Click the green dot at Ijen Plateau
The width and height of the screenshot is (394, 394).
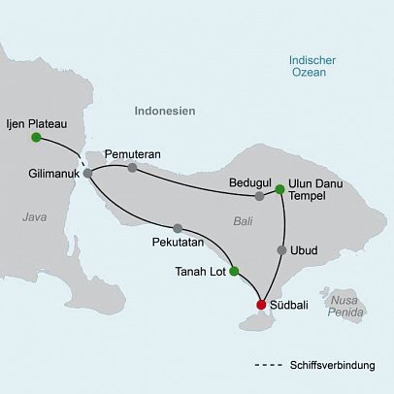[36, 138]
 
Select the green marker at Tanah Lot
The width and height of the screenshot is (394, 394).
[233, 272]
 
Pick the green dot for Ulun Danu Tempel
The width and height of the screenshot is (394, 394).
[279, 189]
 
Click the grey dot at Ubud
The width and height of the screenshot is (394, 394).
[281, 250]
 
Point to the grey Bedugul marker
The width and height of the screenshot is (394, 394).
[259, 196]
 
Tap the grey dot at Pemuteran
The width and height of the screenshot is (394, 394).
[132, 168]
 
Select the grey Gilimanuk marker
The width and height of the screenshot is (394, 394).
[88, 173]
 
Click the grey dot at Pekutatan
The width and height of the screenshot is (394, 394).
[179, 225]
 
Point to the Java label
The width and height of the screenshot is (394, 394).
[35, 217]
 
